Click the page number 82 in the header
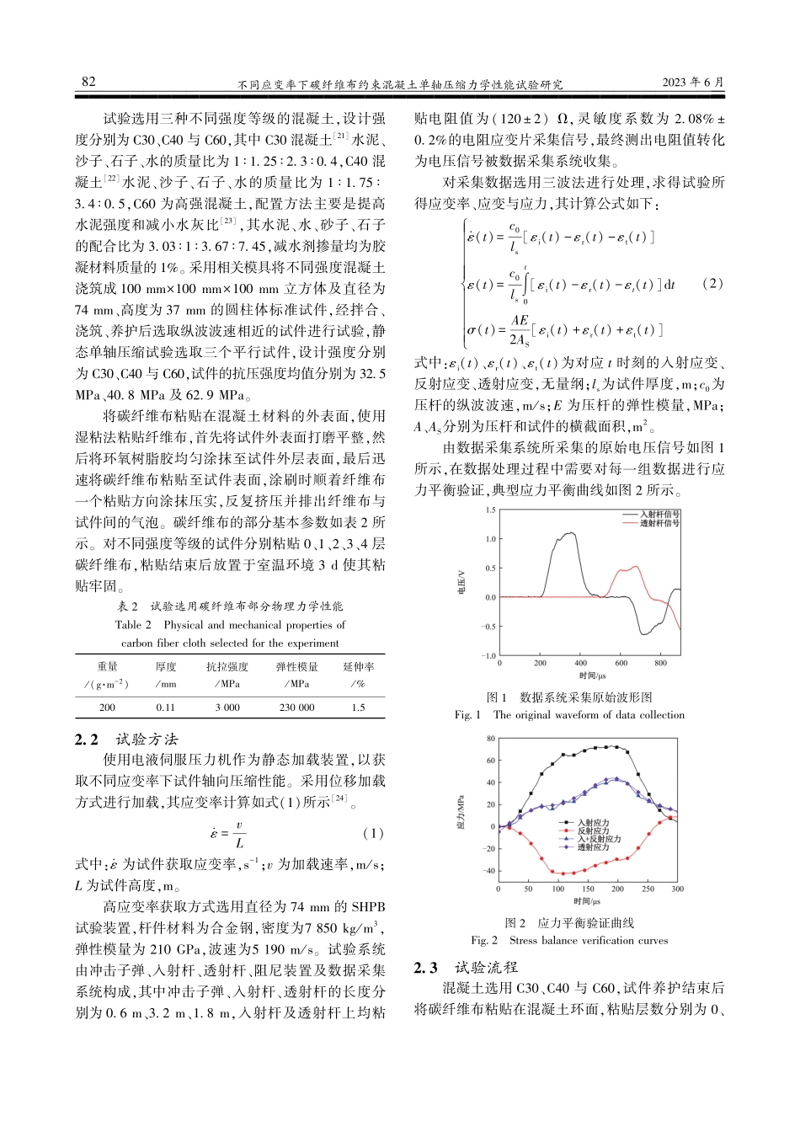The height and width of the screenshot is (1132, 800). click(88, 82)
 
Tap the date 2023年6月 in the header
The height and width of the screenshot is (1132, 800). click(692, 83)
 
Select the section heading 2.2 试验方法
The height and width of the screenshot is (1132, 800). click(126, 740)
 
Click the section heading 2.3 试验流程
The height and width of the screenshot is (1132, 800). click(466, 968)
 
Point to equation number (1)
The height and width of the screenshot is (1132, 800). click(372, 833)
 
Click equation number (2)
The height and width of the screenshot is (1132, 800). click(712, 283)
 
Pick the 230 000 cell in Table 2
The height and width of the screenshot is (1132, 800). click(296, 707)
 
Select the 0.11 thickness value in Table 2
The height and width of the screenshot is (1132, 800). click(165, 707)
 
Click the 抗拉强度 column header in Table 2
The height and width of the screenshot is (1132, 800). click(227, 666)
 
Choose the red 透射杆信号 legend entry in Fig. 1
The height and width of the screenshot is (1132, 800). click(659, 523)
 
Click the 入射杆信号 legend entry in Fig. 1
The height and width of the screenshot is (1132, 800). click(659, 514)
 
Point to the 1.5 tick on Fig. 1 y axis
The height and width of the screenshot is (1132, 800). click(490, 510)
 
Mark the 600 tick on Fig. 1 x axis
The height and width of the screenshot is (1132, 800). click(621, 663)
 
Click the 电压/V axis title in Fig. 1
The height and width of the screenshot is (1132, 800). click(461, 582)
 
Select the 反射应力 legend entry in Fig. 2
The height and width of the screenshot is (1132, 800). click(593, 831)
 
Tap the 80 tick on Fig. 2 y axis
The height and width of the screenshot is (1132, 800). click(491, 739)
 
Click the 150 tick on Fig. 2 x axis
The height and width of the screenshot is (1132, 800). click(588, 889)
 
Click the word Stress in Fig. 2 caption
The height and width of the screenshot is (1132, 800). click(523, 940)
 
